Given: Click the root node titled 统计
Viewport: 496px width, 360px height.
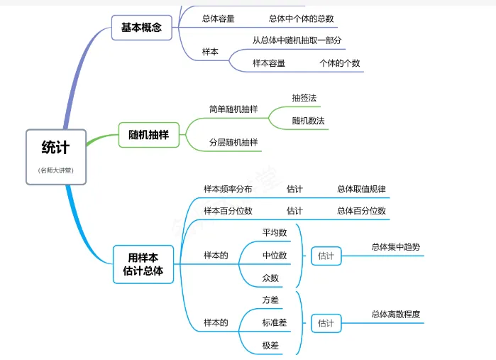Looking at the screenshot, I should [x=56, y=148].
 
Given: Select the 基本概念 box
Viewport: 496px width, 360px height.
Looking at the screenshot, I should [x=141, y=28].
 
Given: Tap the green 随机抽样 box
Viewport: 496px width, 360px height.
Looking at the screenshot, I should [x=148, y=134].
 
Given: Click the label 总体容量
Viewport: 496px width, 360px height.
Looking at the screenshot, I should [x=219, y=18].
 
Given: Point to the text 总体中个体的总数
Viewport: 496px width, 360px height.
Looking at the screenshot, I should [x=301, y=18].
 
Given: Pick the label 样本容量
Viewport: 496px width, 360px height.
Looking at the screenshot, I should [x=269, y=63].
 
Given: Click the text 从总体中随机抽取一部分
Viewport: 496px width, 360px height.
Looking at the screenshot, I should [x=297, y=40].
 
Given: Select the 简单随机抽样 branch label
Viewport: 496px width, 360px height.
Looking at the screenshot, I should [x=233, y=109].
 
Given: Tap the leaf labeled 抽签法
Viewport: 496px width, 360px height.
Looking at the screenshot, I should [x=304, y=97].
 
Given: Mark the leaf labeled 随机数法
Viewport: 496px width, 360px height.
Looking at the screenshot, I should [x=309, y=121].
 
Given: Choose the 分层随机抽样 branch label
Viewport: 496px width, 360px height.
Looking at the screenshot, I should [x=233, y=142].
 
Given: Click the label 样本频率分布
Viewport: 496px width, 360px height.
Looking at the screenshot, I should [x=228, y=189].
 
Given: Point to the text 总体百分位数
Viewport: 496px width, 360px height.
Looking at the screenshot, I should [x=361, y=211].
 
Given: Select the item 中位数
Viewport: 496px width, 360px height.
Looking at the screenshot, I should [x=275, y=255].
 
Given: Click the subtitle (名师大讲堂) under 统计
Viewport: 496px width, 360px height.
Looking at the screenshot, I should [x=56, y=170].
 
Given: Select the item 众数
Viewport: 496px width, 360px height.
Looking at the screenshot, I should [x=270, y=278].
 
